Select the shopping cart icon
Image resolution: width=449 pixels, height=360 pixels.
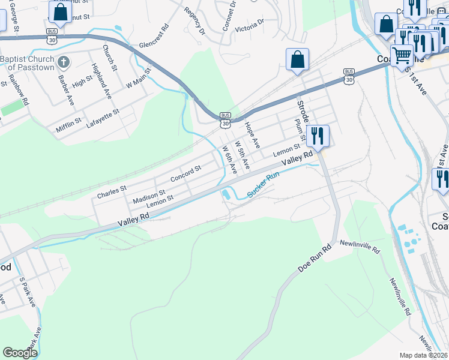tap(402, 56)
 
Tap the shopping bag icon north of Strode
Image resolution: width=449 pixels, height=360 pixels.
tap(297, 59)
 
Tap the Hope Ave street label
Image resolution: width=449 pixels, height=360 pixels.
tap(252, 135)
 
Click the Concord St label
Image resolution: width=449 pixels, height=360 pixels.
tap(185, 174)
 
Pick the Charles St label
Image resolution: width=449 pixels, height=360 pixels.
tap(112, 192)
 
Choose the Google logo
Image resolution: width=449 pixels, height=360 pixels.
tap(20, 353)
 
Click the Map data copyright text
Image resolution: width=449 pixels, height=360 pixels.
tap(424, 355)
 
